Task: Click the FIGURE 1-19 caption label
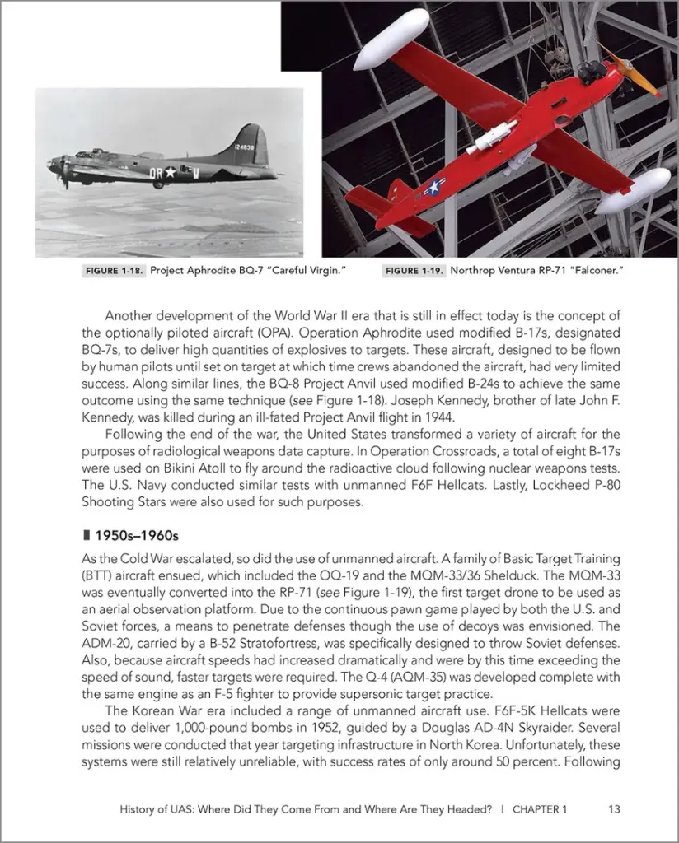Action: point(414,271)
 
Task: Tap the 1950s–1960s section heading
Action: point(131,536)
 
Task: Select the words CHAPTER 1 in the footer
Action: point(540,809)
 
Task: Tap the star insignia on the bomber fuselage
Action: point(168,173)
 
